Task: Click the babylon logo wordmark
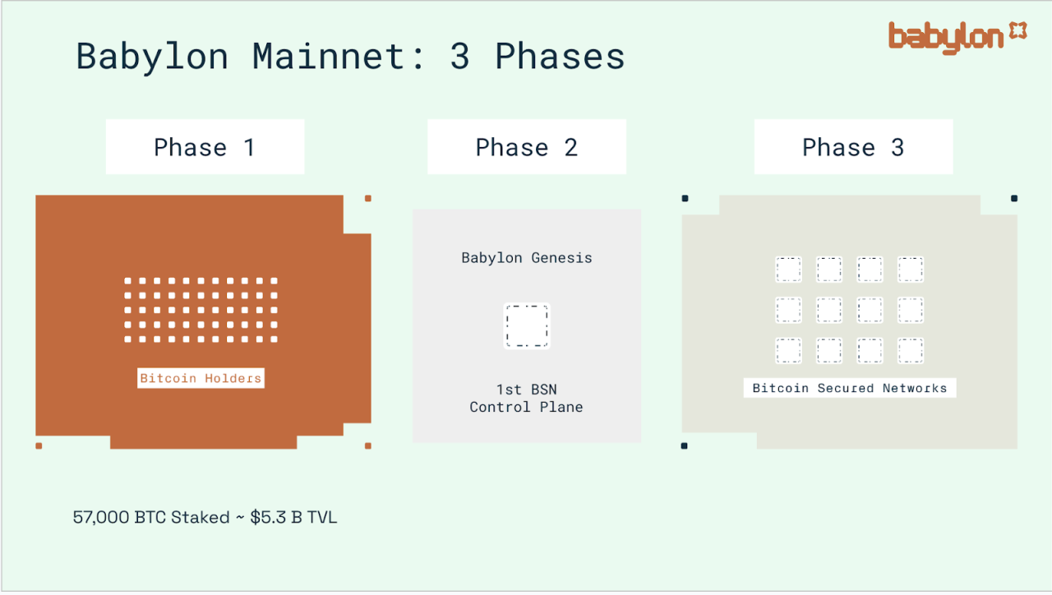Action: pos(946,38)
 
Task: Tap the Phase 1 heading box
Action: pos(205,146)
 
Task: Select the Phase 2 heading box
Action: pos(527,146)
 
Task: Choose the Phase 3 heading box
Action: pos(853,146)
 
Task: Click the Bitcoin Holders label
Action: pos(201,378)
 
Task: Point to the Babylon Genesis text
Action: pos(527,258)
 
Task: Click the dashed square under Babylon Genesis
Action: pos(527,326)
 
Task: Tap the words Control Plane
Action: pos(526,407)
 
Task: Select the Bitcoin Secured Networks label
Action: pos(850,388)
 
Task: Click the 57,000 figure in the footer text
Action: pos(101,518)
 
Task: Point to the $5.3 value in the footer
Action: pos(268,518)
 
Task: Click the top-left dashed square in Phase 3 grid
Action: pos(788,270)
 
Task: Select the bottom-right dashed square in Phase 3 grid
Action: pos(911,351)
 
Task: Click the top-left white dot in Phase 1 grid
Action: pos(127,281)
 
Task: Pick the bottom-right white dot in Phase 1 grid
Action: pos(275,339)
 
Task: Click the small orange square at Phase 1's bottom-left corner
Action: pos(39,445)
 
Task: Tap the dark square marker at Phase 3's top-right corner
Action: pos(1014,198)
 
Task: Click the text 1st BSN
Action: pos(527,390)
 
